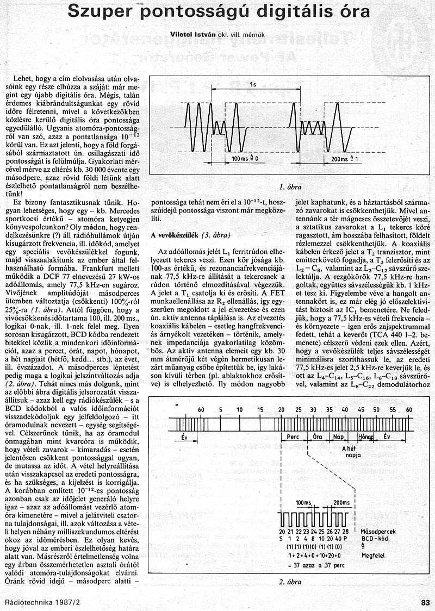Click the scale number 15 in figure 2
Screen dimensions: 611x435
(x=260, y=409)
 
